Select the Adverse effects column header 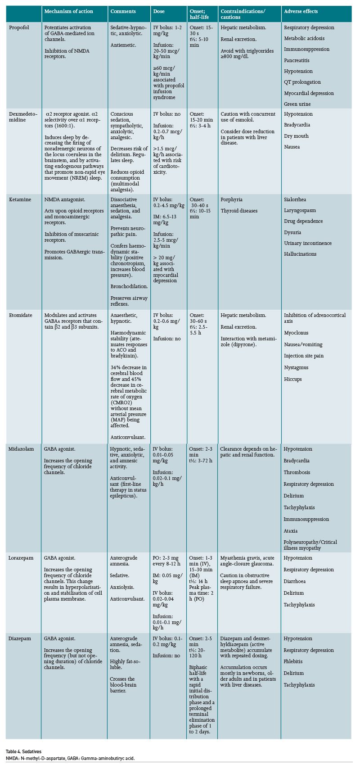click(x=301, y=11)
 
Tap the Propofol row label click(x=19, y=27)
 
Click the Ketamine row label click(x=20, y=199)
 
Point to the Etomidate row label click(x=21, y=315)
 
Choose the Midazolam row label click(x=21, y=449)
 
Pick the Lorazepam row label click(x=21, y=558)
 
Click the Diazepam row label click(x=20, y=638)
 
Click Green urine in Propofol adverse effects click(x=297, y=104)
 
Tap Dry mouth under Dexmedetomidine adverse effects click(x=297, y=136)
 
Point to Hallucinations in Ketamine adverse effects click(x=300, y=254)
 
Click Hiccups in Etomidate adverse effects click(x=293, y=379)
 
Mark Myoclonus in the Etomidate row click(x=296, y=333)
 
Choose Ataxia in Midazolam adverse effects click(x=291, y=531)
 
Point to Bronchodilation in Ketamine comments click(x=129, y=286)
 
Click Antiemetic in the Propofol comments click(x=123, y=45)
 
